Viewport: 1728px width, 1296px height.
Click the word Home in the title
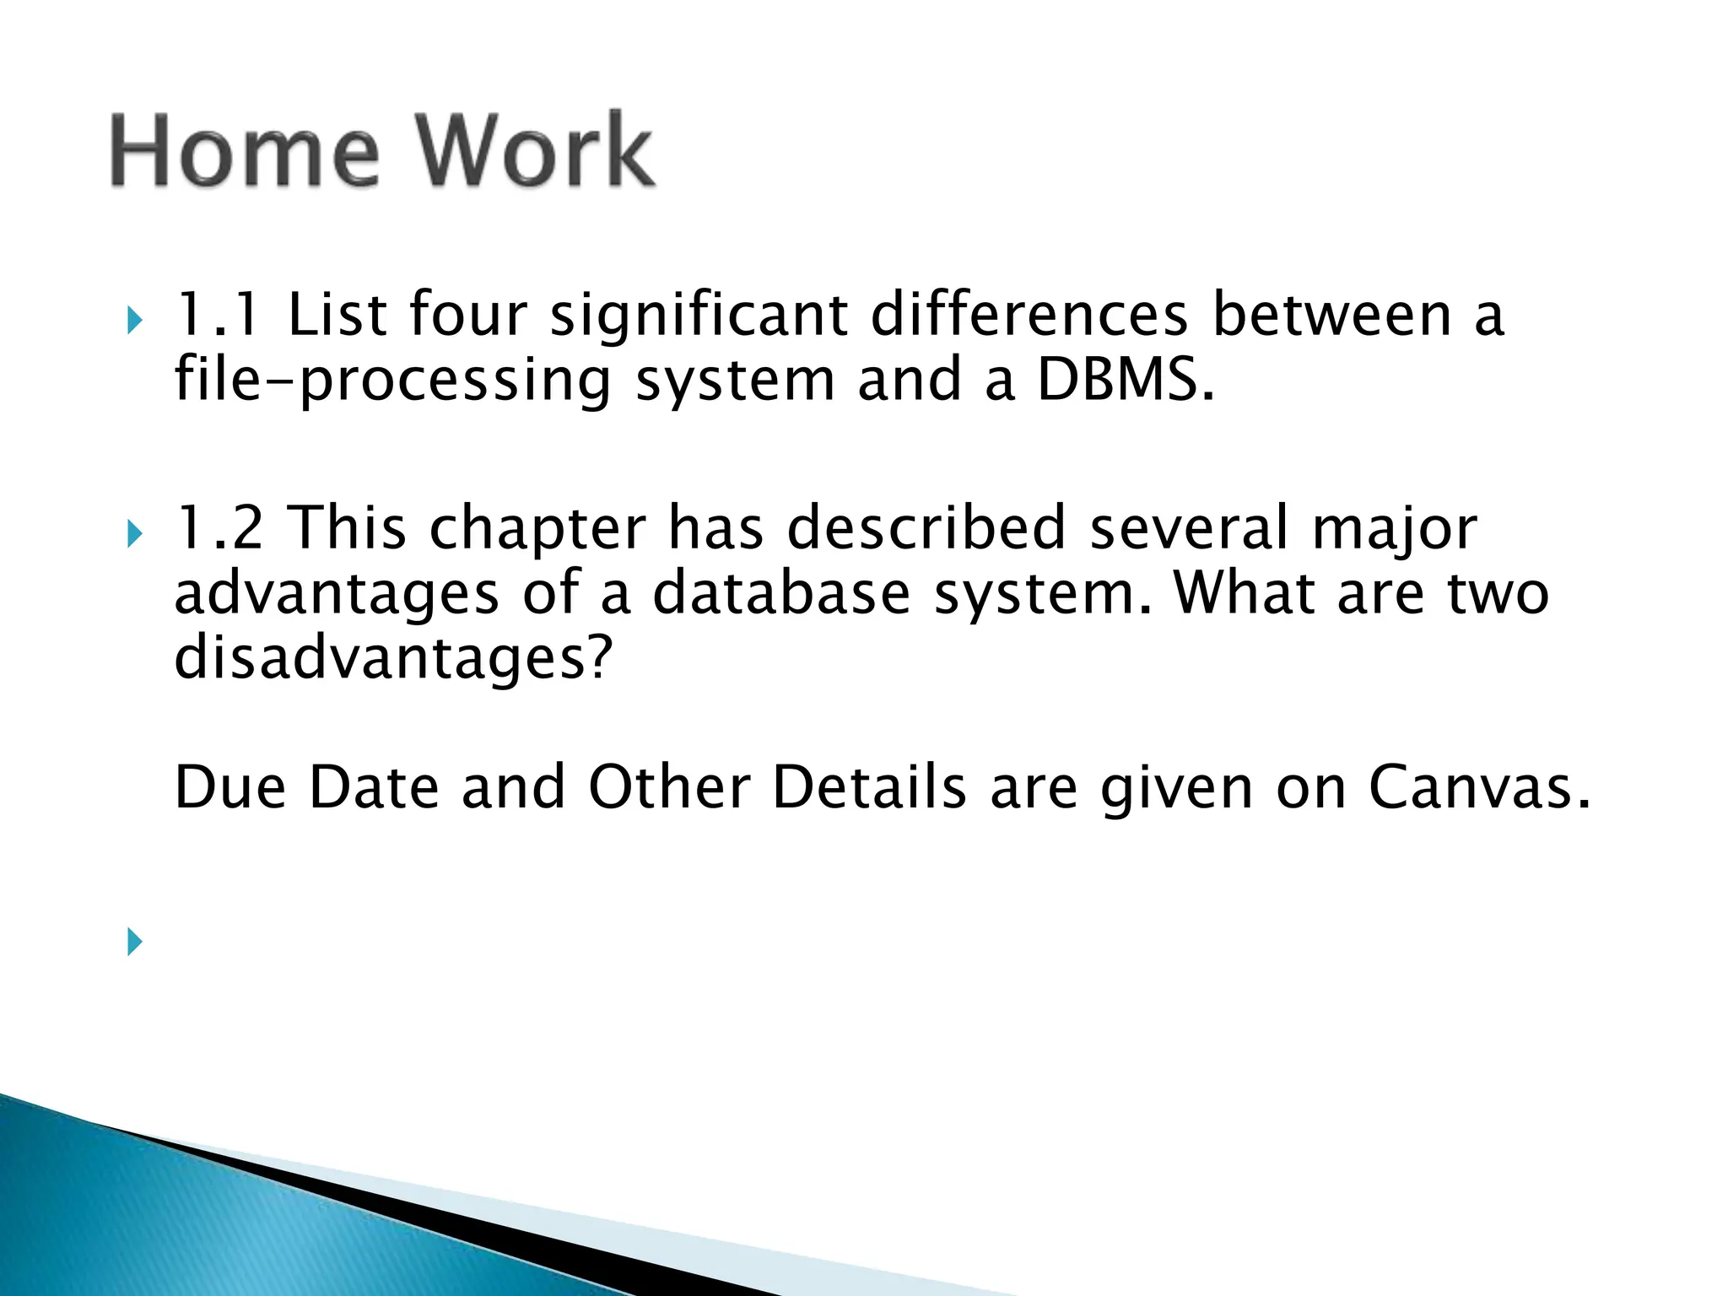245,152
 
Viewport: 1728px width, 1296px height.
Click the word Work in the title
537,152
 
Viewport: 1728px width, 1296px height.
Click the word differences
1029,315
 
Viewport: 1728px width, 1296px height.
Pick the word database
781,593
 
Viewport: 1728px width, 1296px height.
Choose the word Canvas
1478,787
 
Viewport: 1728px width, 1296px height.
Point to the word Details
869,787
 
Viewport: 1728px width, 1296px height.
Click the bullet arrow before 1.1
134,321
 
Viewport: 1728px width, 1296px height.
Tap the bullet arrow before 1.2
134,534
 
